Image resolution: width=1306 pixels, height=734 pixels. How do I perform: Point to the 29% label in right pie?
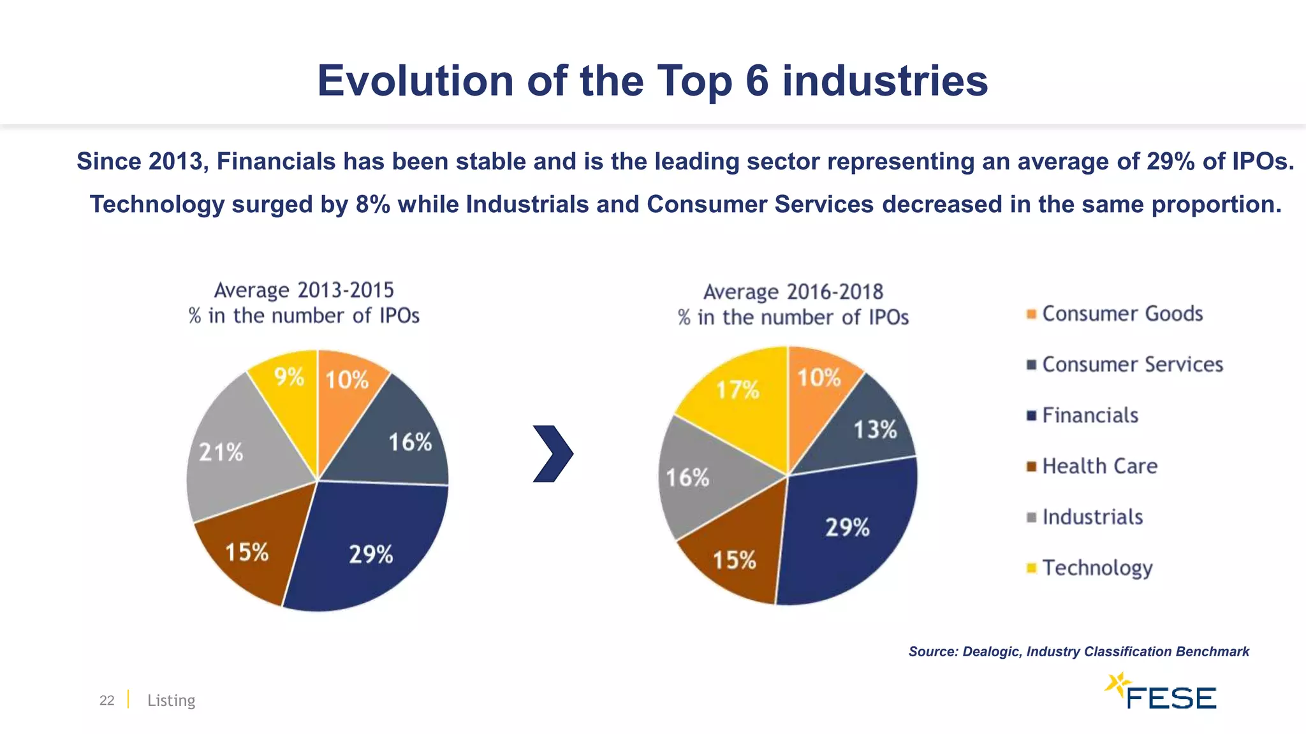[847, 528]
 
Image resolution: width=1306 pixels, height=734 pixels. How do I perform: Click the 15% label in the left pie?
[247, 552]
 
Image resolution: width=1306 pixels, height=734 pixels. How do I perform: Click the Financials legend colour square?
[1031, 416]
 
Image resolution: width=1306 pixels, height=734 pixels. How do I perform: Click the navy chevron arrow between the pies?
[553, 454]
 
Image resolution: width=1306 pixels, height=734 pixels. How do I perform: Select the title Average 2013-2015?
[304, 291]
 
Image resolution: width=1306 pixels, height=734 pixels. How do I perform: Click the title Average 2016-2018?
[793, 292]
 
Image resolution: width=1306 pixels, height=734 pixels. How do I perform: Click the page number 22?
[106, 700]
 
